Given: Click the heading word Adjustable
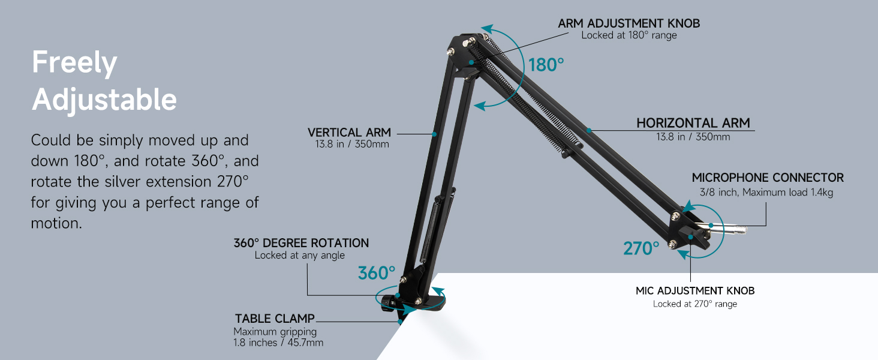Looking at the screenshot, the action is [104, 100].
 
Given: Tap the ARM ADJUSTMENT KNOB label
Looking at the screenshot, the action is [629, 23].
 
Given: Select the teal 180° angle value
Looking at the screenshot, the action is [546, 65].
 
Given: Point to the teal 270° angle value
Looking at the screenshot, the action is [641, 248].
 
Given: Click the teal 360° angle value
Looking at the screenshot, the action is [377, 273].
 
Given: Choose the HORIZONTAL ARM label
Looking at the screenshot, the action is [693, 123].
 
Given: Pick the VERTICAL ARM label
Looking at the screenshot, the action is [349, 132].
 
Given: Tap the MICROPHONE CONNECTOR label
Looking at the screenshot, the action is [768, 178].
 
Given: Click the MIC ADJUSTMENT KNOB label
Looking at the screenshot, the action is [695, 290].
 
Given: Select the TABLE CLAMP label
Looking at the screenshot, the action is [275, 319].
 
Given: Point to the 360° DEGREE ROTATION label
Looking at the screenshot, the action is [301, 243].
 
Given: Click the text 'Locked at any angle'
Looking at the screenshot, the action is [300, 256].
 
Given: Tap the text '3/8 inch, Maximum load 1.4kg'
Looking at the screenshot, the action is [765, 193].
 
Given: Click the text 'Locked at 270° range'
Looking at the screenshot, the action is [695, 304].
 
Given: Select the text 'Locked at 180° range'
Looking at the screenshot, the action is [629, 35].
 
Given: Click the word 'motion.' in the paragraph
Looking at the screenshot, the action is [56, 223].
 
